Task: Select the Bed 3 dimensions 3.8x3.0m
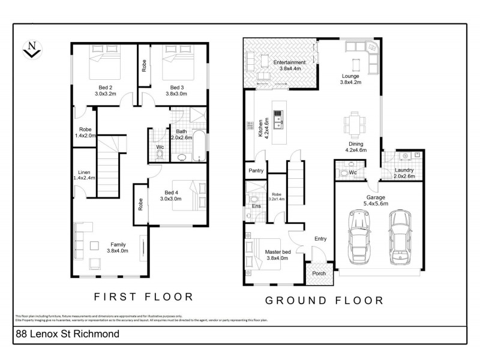tap(176, 94)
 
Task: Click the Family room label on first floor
tap(118, 245)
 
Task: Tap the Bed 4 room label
tap(173, 193)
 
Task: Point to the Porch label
tap(320, 273)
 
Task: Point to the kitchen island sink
tap(278, 122)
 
